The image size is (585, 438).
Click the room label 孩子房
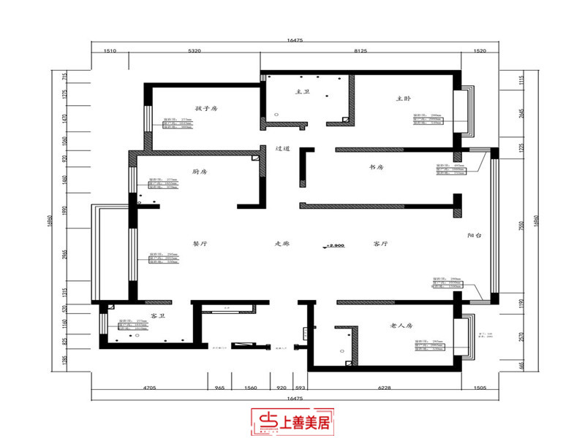click(207, 109)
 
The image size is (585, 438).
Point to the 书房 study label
click(377, 168)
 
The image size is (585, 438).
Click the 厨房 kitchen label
click(200, 172)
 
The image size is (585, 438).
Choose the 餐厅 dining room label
click(201, 245)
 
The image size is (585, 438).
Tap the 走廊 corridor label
click(282, 245)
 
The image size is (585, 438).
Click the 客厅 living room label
click(380, 245)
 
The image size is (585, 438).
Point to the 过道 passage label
click(283, 148)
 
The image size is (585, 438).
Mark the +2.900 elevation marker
click(335, 246)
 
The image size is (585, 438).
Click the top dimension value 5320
click(195, 53)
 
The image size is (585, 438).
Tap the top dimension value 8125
click(361, 53)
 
